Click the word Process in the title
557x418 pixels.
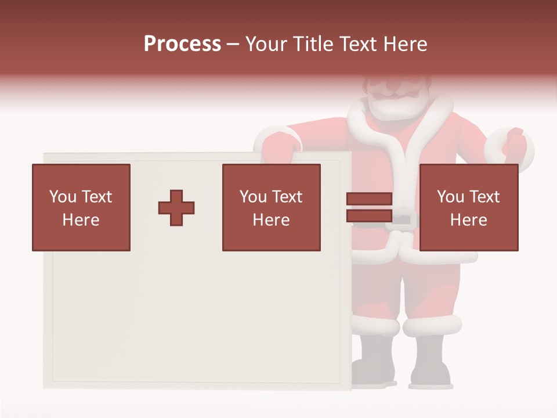[182, 44]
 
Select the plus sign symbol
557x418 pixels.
[176, 208]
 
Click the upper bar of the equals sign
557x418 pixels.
[369, 199]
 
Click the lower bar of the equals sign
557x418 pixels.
[369, 215]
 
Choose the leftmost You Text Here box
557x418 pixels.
[81, 207]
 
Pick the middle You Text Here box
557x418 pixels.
[271, 207]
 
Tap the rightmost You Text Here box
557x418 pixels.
[468, 207]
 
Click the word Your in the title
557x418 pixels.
[265, 44]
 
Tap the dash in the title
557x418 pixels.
[233, 45]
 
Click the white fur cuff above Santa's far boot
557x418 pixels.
[432, 326]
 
